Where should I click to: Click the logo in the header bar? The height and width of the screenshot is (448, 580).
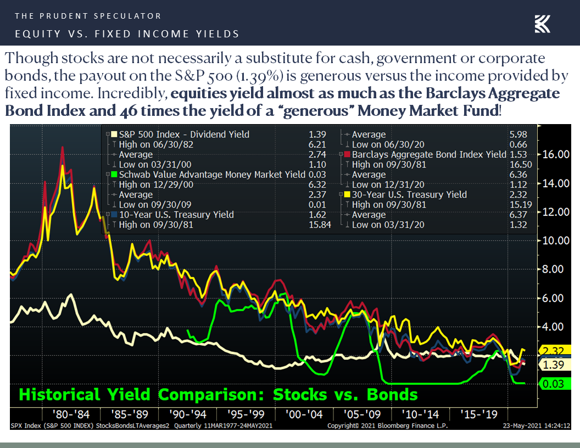[x=543, y=24]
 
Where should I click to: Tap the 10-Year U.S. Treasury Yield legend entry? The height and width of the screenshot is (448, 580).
[x=176, y=215]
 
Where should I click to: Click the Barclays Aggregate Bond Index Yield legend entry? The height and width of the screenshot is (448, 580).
[x=429, y=155]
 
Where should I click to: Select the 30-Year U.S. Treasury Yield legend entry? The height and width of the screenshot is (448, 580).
[x=409, y=195]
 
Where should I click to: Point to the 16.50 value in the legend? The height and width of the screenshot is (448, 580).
[x=522, y=165]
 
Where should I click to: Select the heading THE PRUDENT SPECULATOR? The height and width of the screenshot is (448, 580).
[x=88, y=16]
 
